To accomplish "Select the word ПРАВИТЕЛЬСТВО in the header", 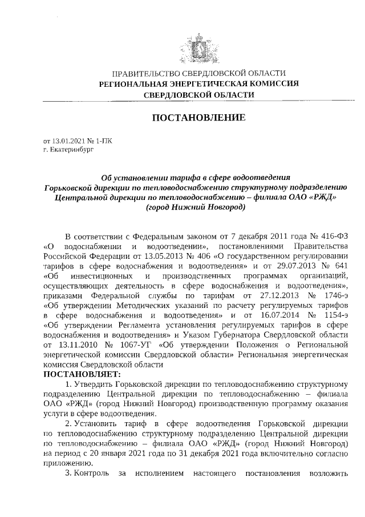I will point(145,74).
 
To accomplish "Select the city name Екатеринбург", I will point(71,149).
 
